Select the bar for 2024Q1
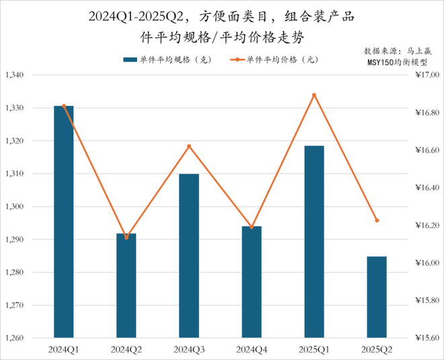(64, 221)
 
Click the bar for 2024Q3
(189, 256)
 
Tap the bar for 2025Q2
(377, 297)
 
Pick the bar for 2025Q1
(314, 242)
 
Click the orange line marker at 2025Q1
(314, 95)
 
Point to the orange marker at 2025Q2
(377, 221)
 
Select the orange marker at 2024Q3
(189, 146)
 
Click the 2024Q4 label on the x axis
(252, 349)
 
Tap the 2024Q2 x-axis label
(126, 349)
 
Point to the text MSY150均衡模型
(398, 62)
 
